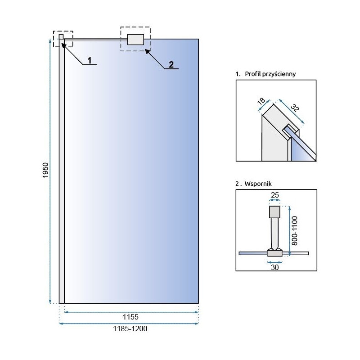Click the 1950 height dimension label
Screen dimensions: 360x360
pos(45,171)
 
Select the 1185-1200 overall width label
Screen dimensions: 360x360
pos(129,329)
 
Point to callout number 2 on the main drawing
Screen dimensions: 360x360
pos(171,64)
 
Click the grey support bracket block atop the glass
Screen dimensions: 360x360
pos(135,40)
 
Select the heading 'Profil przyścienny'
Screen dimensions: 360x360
pos(269,74)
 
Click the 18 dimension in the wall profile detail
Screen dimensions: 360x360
pos(261,103)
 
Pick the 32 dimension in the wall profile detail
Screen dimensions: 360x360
pos(295,108)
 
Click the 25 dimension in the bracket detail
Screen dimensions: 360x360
pos(274,194)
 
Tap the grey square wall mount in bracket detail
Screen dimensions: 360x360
pos(274,211)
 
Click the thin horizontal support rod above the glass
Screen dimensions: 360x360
pos(94,39)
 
